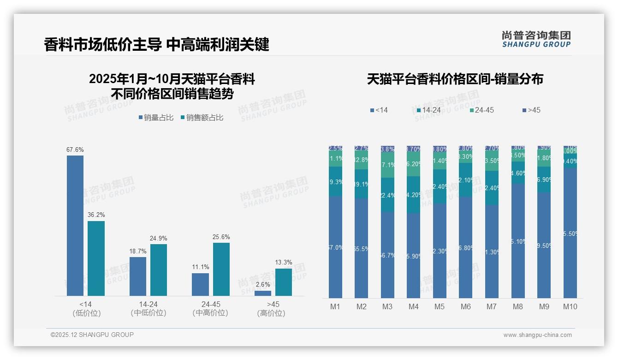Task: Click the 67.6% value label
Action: point(75,150)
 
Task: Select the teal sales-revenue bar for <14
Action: point(96,258)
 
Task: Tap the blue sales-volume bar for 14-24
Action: point(138,276)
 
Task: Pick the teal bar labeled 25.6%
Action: point(221,269)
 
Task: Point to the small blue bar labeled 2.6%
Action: point(263,293)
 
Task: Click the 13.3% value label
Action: point(284,263)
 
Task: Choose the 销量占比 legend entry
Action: point(156,118)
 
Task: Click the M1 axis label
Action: point(335,306)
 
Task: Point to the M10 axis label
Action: point(570,306)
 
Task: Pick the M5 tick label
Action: point(440,306)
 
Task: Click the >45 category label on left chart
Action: point(273,305)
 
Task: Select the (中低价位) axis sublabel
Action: point(148,313)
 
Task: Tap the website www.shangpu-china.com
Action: point(537,335)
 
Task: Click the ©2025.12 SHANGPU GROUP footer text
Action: point(92,335)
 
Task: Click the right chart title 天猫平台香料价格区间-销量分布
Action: point(455,79)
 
